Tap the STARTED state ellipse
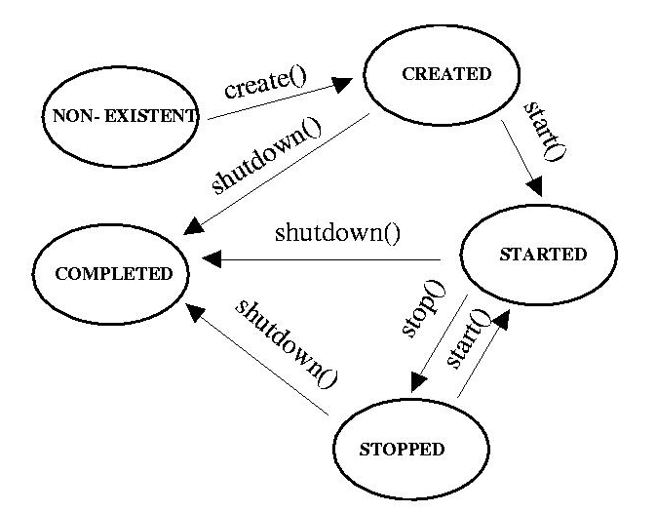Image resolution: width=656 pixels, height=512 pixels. pos(539,256)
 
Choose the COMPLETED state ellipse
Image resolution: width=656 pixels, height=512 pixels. pos(112,273)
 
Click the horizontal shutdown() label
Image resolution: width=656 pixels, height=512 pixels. pos(338,233)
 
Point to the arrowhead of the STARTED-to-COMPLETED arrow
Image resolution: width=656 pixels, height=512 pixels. pos(211,260)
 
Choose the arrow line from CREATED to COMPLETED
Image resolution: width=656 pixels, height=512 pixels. pos(283,176)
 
